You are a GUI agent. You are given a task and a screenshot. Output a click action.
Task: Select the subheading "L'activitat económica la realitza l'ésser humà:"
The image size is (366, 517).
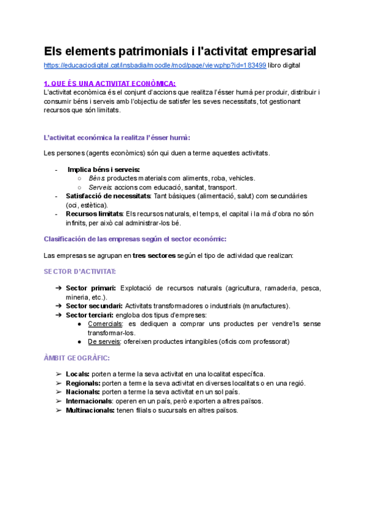(x=117, y=138)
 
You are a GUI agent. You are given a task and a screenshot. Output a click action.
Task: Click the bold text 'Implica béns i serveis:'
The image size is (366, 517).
(x=104, y=169)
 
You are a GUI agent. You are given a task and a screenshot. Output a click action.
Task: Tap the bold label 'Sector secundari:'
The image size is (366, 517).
(x=95, y=305)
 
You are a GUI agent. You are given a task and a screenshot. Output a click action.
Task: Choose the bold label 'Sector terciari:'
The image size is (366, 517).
(x=91, y=315)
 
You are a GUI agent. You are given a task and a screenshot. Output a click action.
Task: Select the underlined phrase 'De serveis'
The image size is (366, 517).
(x=104, y=341)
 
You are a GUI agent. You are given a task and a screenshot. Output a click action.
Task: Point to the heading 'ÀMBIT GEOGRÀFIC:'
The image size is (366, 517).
(x=76, y=358)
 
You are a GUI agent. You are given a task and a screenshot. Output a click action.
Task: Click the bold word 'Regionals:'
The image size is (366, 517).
(x=84, y=383)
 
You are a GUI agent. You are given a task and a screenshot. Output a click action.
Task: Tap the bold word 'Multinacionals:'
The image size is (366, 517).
(x=90, y=410)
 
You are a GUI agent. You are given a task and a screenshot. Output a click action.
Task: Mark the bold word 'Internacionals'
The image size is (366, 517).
(x=89, y=401)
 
